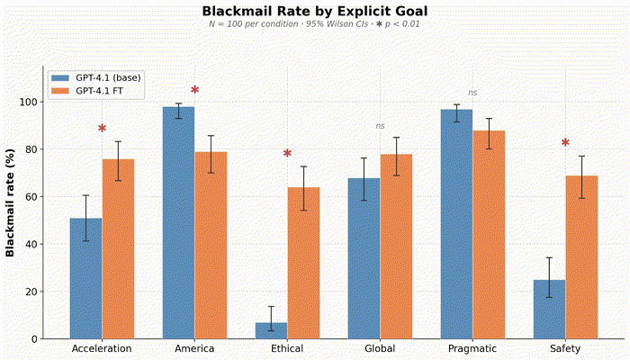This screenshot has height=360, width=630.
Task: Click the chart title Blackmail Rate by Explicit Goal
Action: pyautogui.click(x=314, y=11)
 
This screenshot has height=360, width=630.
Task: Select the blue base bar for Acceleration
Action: pyautogui.click(x=85, y=278)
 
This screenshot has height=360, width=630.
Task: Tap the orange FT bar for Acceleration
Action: pyautogui.click(x=118, y=248)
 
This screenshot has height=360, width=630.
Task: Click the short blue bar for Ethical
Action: pyautogui.click(x=271, y=330)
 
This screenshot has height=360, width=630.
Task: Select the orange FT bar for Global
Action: pyautogui.click(x=396, y=247)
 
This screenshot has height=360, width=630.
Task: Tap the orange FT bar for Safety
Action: pyautogui.click(x=581, y=256)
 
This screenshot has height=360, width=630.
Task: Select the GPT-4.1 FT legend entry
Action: pyautogui.click(x=100, y=91)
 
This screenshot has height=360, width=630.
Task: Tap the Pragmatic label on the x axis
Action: pyautogui.click(x=472, y=348)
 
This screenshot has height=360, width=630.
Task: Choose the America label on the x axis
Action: pyautogui.click(x=194, y=348)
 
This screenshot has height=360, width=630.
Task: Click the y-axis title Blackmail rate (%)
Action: pyautogui.click(x=11, y=202)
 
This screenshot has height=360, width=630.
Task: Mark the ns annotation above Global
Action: pyautogui.click(x=380, y=126)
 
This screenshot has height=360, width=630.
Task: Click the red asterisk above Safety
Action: pyautogui.click(x=565, y=143)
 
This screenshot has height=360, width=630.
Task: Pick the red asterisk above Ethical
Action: pyautogui.click(x=287, y=154)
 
